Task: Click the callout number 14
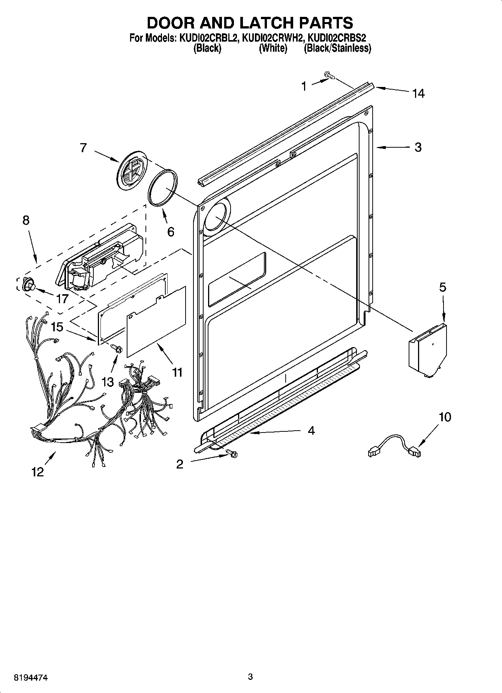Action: coord(418,93)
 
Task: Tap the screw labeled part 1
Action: coord(329,76)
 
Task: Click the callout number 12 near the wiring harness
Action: coord(37,472)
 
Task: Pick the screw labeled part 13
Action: coord(117,349)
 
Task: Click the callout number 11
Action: coord(177,372)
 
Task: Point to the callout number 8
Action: coord(25,220)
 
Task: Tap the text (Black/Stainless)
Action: coord(337,48)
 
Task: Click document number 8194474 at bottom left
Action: coord(31,677)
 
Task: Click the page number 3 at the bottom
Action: coord(250,677)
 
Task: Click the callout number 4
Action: coord(311,430)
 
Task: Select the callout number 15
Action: coord(57,327)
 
